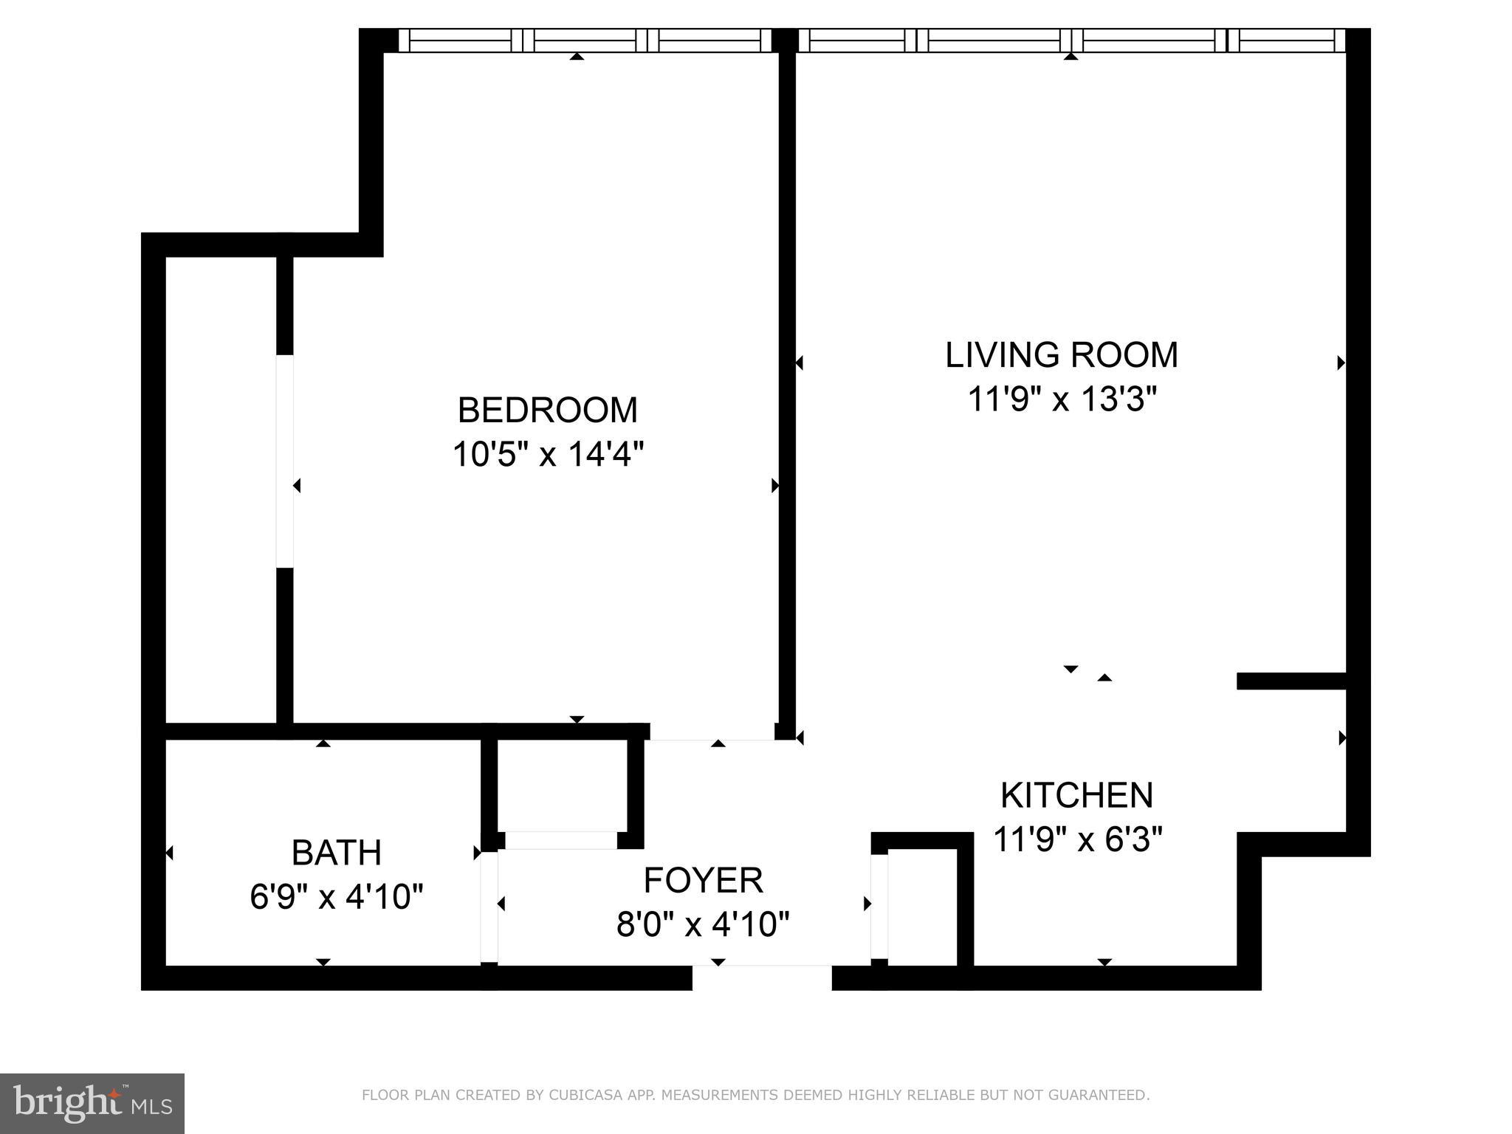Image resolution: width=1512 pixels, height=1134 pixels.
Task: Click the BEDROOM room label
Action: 547,410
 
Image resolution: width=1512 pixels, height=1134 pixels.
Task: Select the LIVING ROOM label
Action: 1061,355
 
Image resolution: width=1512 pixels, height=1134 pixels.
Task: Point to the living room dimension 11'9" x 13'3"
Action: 1061,400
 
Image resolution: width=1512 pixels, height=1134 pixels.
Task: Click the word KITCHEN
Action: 1076,795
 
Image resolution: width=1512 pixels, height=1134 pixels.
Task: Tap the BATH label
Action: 336,853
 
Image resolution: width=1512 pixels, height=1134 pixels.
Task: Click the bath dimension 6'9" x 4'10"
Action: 336,898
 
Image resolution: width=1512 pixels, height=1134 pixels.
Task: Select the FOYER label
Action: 703,880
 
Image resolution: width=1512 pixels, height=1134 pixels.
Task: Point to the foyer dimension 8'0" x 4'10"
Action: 703,924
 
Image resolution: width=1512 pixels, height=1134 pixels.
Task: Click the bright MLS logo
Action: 92,1103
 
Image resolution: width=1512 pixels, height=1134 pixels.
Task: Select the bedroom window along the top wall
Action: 583,40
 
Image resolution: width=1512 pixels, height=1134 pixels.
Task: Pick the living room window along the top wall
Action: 1071,40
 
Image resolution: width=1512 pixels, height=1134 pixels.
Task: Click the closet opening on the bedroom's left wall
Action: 285,461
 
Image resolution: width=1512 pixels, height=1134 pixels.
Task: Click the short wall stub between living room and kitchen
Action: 1291,681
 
